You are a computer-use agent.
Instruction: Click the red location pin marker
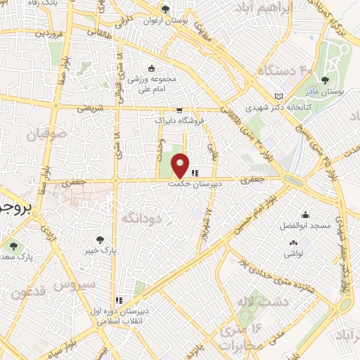click(x=181, y=165)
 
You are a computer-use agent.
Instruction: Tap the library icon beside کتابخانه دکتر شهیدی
click(x=279, y=95)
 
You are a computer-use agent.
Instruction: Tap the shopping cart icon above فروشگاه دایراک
click(x=180, y=110)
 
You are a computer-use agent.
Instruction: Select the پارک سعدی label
click(x=18, y=256)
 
